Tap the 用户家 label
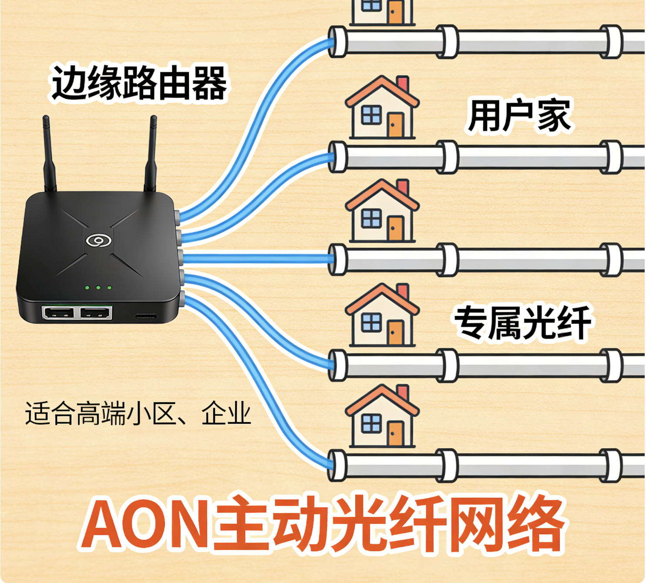(x=519, y=116)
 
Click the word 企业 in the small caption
(x=226, y=414)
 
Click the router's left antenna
(x=48, y=152)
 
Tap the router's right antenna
(x=151, y=152)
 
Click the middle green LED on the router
(x=98, y=288)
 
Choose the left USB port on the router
(x=59, y=312)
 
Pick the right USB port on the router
(x=95, y=312)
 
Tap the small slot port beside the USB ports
(x=145, y=316)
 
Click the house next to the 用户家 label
(x=382, y=109)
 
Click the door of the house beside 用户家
(x=396, y=125)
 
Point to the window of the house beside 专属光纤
(x=371, y=322)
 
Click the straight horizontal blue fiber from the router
(x=257, y=259)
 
